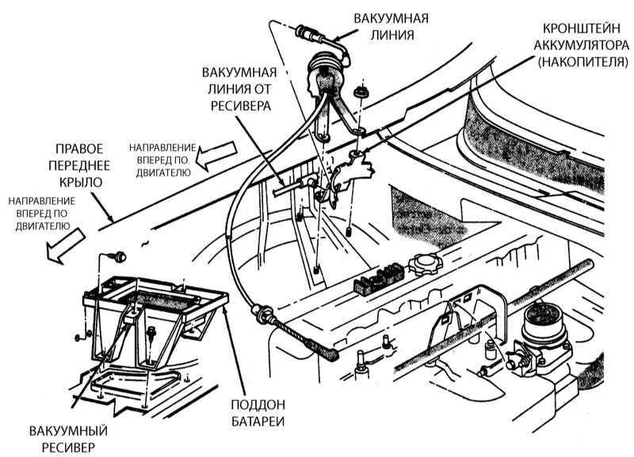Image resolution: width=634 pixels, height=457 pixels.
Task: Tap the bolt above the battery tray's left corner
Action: coord(119,256)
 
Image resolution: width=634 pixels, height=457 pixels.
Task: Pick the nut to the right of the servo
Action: coord(361,93)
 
